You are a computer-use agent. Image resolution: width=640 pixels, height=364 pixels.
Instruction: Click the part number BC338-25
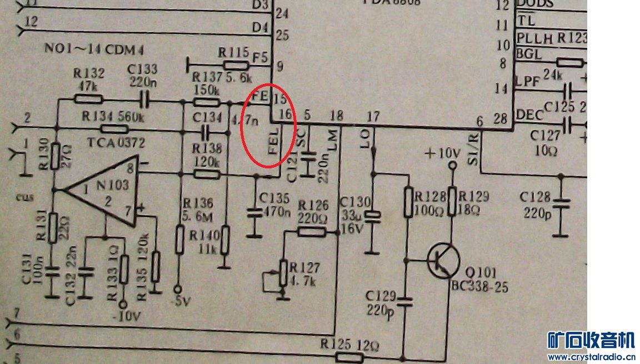pyautogui.click(x=479, y=287)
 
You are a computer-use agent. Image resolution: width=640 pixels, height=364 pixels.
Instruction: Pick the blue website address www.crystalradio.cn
pyautogui.click(x=591, y=357)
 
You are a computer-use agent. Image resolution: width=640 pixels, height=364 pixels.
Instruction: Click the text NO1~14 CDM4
pyautogui.click(x=94, y=50)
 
